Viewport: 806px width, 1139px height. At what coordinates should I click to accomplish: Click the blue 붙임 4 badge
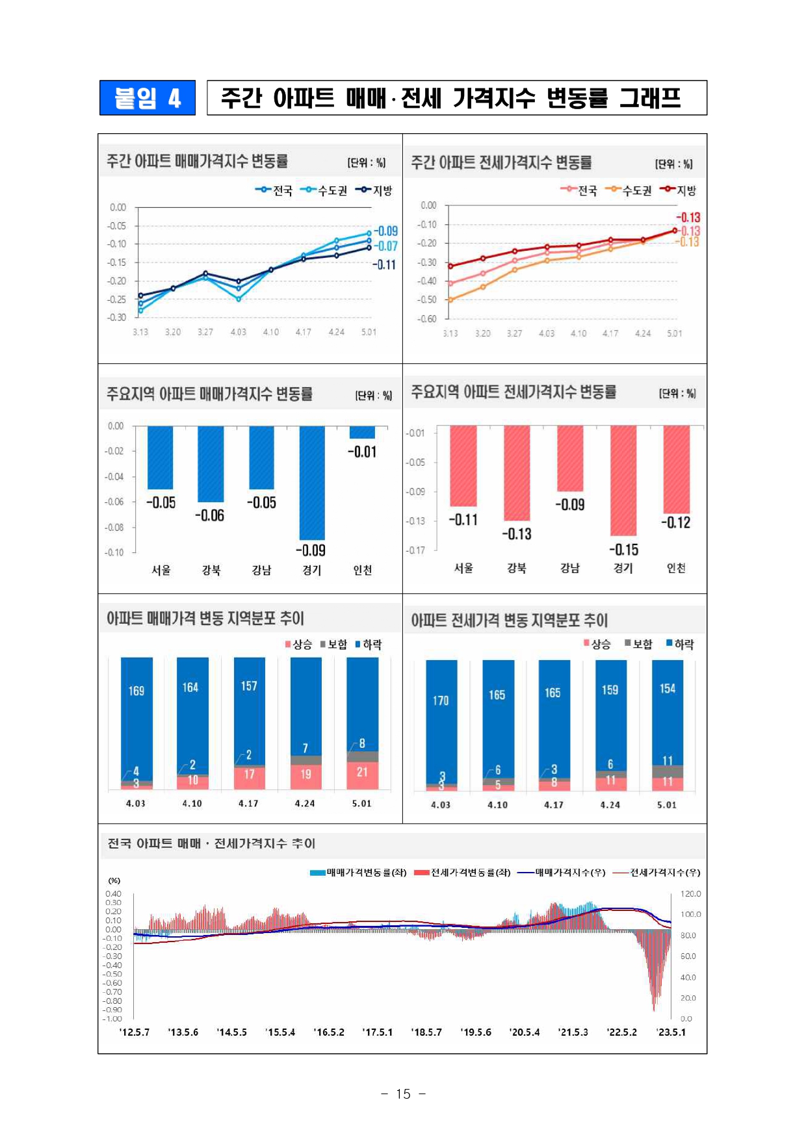147,98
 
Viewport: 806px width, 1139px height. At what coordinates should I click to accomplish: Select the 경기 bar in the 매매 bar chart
311,482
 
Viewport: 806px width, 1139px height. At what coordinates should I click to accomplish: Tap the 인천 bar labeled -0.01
362,432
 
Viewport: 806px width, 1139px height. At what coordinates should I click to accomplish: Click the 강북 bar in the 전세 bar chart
517,472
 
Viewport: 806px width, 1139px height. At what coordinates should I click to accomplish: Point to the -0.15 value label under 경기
623,550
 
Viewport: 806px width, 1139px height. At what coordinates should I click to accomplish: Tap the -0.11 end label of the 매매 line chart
383,264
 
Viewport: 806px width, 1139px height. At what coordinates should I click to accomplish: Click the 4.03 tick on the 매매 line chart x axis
238,332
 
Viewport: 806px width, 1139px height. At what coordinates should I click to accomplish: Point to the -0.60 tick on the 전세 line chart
428,318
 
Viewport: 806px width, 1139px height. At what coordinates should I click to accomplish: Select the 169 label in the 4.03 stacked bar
136,691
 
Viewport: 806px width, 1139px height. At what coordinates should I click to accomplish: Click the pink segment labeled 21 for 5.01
362,773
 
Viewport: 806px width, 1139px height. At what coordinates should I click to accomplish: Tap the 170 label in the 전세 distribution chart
441,700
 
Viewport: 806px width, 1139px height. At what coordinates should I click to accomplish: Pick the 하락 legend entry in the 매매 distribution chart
369,645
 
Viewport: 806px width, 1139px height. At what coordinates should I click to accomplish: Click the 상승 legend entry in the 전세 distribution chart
597,644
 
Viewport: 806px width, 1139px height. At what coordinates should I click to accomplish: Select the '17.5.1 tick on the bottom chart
377,1032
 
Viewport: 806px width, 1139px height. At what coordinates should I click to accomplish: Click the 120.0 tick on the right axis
690,893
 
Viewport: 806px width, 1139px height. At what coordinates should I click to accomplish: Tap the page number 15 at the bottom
403,1094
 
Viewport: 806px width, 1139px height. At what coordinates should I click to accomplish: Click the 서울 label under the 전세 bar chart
463,568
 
